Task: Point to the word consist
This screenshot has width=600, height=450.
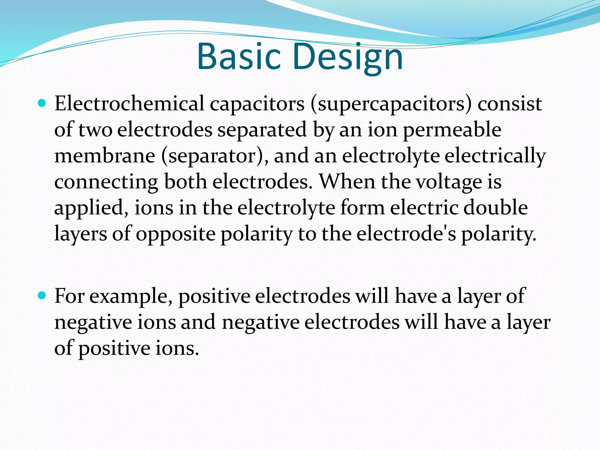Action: click(510, 104)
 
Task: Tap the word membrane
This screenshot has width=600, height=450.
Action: click(105, 156)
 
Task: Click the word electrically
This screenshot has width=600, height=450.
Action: click(495, 156)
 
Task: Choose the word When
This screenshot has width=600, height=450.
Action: click(347, 181)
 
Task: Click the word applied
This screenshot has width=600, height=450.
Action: click(91, 208)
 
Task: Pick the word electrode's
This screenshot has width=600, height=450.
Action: click(406, 233)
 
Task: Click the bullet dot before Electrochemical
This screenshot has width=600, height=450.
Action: click(42, 103)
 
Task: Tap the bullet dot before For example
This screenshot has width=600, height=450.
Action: click(42, 296)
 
